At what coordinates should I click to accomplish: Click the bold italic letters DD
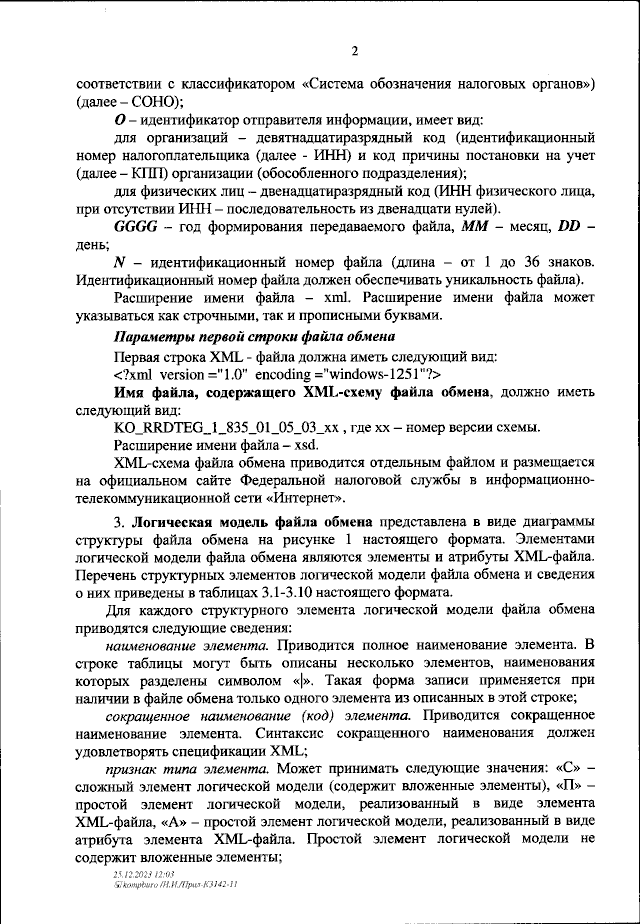(x=568, y=228)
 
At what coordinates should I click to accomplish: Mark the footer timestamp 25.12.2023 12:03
(x=153, y=874)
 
